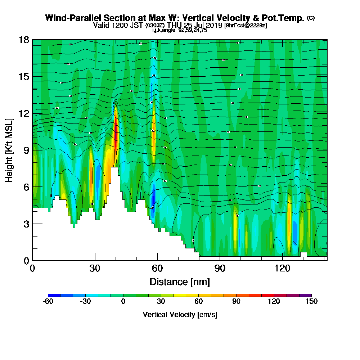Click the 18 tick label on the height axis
[x=24, y=40]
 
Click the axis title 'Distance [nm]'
[x=180, y=282]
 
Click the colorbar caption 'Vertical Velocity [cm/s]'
[x=180, y=315]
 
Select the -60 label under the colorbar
[x=48, y=302]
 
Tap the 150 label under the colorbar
[x=311, y=302]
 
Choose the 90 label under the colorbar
[x=236, y=302]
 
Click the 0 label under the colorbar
[x=123, y=302]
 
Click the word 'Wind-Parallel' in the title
[x=72, y=18]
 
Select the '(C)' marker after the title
[x=311, y=18]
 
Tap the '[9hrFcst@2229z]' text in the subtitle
[x=246, y=26]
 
